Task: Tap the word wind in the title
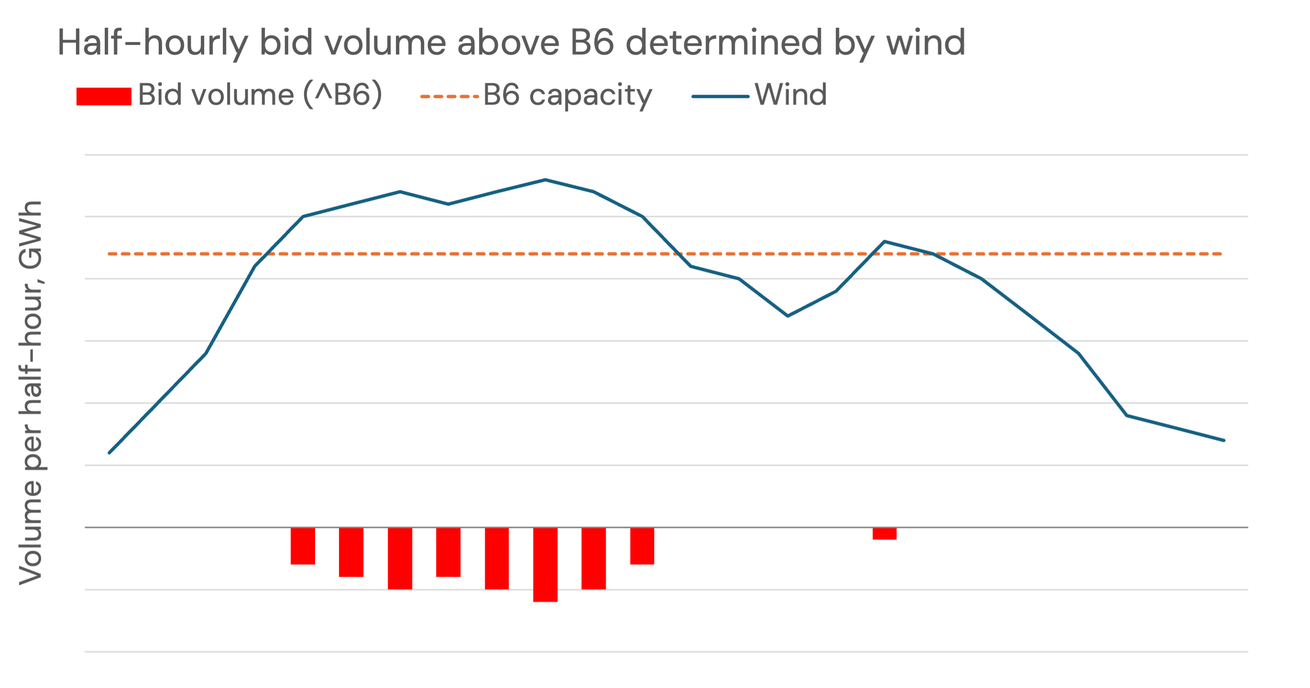926,43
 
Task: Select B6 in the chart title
593,43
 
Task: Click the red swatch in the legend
104,96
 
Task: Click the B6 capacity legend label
567,95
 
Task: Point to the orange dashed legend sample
449,96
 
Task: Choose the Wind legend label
791,95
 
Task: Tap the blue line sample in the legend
720,96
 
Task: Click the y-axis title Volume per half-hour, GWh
31,393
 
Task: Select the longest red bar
545,565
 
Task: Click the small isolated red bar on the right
884,534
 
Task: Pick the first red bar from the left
303,546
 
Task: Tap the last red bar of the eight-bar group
642,546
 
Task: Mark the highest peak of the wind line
545,180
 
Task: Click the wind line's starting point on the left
109,453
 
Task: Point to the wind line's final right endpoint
1223,440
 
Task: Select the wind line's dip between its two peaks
788,316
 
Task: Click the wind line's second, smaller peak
885,241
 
